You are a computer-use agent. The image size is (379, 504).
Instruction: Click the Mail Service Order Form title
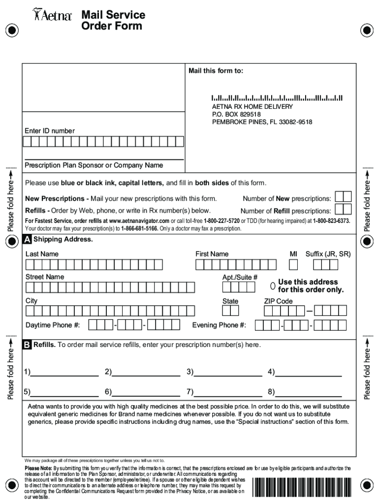point(113,21)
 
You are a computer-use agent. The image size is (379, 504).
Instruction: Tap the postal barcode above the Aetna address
point(277,98)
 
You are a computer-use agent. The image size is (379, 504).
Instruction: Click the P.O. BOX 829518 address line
point(236,114)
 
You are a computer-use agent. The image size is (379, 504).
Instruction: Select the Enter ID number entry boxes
point(104,142)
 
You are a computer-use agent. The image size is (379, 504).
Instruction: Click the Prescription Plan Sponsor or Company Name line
point(104,159)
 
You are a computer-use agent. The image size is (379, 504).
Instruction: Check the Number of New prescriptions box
point(343,197)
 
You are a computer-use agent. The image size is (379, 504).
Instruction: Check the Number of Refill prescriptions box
point(343,209)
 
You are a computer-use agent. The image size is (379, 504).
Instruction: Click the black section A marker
point(28,240)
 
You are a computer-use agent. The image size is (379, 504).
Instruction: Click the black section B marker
point(28,345)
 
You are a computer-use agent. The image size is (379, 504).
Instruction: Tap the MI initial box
point(293,265)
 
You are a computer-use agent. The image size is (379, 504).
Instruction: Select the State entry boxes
point(230,311)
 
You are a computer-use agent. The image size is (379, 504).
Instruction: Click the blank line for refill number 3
point(228,375)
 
